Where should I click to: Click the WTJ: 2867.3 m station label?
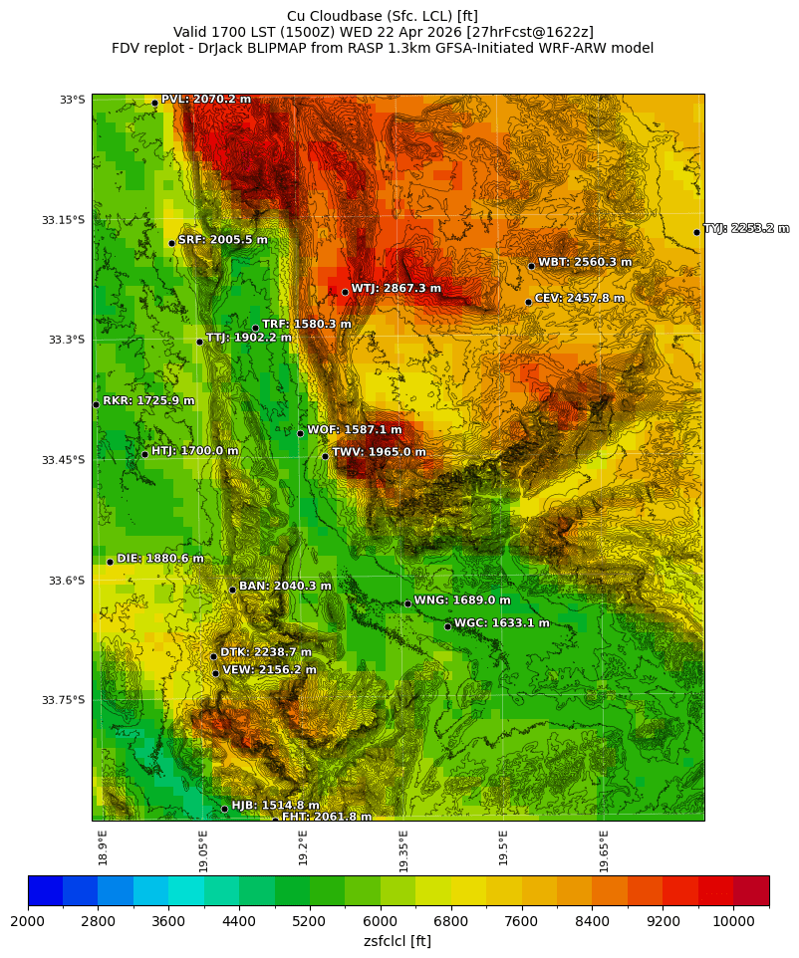(396, 289)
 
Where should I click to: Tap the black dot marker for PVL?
(154, 103)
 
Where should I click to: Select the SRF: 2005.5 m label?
(222, 240)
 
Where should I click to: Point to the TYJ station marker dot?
(696, 232)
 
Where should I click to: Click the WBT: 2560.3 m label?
(585, 263)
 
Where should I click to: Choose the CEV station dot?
(528, 302)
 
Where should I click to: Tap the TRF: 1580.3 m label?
(306, 325)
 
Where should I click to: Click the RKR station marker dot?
(96, 404)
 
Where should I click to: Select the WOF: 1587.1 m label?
(354, 430)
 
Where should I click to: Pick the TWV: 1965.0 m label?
(379, 452)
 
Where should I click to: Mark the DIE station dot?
(110, 562)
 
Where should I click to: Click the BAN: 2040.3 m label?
(285, 587)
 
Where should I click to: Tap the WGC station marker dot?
(447, 626)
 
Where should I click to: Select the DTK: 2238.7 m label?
(265, 652)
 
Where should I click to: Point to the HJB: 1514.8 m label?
(275, 806)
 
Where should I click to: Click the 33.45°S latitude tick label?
(63, 460)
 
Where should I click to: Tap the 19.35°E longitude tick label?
(403, 850)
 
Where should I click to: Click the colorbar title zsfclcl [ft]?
(398, 941)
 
